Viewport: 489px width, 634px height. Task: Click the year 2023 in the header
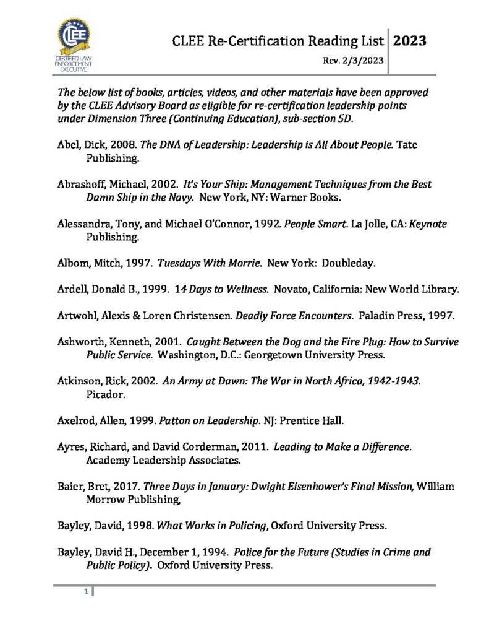[x=409, y=41]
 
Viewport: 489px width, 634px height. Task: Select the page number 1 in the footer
[x=87, y=593]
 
